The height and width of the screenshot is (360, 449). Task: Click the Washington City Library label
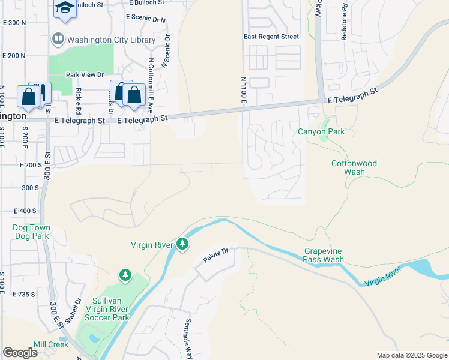coord(111,40)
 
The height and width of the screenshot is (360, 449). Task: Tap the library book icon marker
coord(58,40)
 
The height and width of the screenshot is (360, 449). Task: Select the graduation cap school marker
coord(64,8)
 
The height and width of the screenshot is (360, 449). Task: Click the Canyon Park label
coord(321,131)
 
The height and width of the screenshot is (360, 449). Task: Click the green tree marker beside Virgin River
coord(182,244)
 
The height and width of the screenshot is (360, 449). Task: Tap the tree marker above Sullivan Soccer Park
coord(125,275)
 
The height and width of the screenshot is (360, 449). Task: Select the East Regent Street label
coord(271,37)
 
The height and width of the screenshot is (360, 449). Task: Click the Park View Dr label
coord(85,75)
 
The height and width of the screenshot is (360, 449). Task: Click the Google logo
coord(20,353)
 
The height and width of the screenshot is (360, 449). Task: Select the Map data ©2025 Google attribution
coord(411,355)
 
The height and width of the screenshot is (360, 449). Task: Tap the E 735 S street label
coord(24,294)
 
